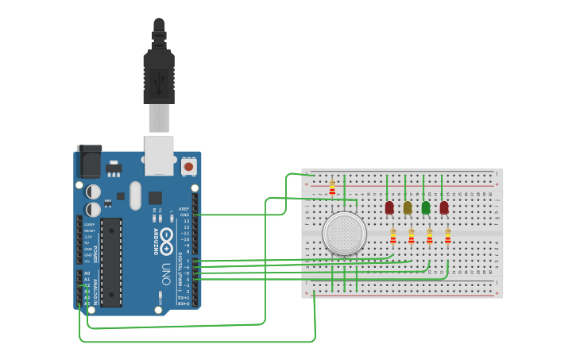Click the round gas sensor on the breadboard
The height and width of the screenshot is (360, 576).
click(344, 234)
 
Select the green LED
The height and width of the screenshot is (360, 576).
click(426, 207)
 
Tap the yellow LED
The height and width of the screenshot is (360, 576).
click(408, 207)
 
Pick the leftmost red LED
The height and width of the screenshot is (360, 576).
click(389, 207)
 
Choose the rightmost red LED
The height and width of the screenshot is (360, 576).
click(444, 207)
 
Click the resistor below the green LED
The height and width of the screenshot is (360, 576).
click(430, 236)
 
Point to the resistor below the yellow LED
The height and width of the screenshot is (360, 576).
click(412, 236)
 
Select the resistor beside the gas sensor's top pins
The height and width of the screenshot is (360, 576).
click(332, 188)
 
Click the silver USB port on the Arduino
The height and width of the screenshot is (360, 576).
click(159, 155)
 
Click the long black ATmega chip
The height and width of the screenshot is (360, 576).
click(111, 261)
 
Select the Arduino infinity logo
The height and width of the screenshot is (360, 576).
click(166, 236)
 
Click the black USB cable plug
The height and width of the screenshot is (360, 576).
click(159, 75)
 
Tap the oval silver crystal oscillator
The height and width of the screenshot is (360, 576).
click(135, 195)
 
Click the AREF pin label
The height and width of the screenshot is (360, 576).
click(184, 209)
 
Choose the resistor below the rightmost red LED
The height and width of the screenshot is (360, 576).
click(448, 236)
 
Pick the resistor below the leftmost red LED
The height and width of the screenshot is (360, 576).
click(393, 236)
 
